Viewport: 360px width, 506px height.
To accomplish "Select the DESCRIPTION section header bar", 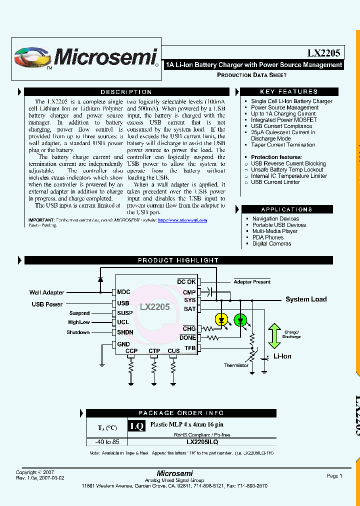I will tap(126, 92).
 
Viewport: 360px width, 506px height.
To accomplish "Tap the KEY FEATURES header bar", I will tap(289, 91).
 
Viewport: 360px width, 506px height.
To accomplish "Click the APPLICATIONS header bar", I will tap(286, 209).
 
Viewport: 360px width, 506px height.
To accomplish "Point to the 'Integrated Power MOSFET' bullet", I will tap(283, 120).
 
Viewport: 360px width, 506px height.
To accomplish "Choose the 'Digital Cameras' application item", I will tap(271, 243).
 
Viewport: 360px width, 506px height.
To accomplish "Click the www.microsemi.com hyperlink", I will tap(182, 220).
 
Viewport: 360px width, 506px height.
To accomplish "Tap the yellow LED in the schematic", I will tap(221, 318).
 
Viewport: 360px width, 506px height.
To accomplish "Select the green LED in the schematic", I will tap(240, 318).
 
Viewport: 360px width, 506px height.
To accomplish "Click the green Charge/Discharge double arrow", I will tap(274, 335).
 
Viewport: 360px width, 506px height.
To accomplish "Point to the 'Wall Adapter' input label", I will tap(46, 292).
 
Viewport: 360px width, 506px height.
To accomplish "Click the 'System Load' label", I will tap(306, 299).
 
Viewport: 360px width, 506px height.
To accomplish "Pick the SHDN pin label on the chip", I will tap(125, 332).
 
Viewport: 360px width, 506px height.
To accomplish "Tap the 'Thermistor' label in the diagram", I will tap(236, 365).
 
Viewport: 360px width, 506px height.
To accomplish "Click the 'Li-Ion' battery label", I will tap(282, 356).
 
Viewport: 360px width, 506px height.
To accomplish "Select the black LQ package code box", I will tap(137, 426).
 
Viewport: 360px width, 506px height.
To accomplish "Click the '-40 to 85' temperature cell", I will tap(107, 442).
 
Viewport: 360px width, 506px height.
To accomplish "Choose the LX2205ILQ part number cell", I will tap(202, 442).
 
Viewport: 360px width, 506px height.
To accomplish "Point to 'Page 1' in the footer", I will tap(334, 476).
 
